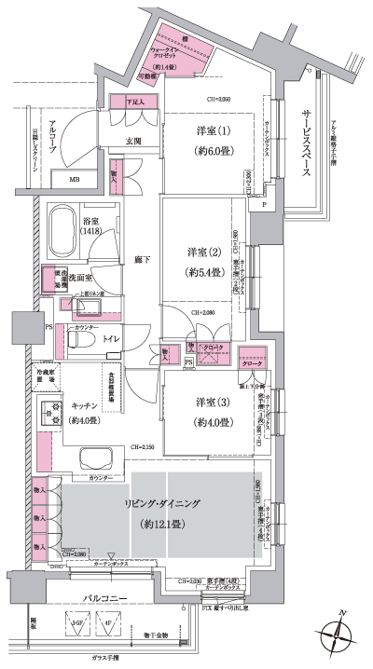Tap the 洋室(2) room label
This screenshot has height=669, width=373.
click(195, 252)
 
